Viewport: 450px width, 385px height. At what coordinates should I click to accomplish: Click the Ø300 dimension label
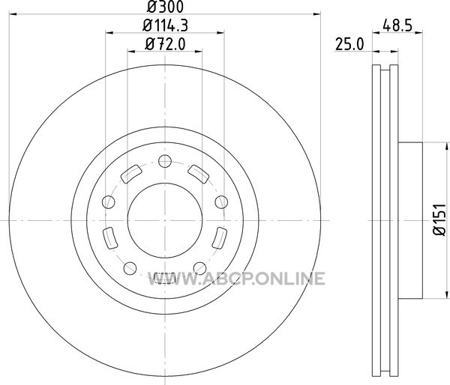point(165,7)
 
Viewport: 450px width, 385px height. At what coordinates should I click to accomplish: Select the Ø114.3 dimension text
point(165,25)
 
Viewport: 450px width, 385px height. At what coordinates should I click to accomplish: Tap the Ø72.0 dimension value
point(165,44)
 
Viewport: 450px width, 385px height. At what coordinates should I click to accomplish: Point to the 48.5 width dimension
point(397,25)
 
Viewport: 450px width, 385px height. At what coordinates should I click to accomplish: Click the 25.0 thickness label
point(349,45)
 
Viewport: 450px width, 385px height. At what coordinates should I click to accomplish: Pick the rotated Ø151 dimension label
point(439,220)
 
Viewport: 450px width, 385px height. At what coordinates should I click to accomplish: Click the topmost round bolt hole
point(165,161)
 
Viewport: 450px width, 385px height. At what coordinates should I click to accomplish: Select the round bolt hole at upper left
point(109,201)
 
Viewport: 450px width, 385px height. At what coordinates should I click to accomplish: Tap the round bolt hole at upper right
point(221,201)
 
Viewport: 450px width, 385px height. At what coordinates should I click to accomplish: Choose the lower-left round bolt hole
point(130,268)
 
